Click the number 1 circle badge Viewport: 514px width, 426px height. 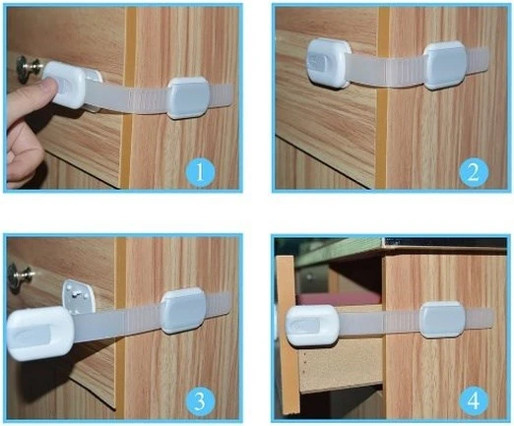200,172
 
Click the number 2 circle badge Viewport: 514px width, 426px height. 474,172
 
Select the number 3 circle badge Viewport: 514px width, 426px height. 200,401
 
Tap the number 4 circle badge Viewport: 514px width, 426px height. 474,401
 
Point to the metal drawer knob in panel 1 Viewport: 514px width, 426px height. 27,67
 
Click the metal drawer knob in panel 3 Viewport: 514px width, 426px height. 21,277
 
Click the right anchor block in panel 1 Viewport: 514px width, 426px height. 188,97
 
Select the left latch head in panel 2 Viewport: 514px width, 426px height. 329,63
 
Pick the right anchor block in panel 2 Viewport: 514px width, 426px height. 445,66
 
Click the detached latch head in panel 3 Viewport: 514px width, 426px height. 39,333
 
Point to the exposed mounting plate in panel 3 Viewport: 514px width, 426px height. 79,296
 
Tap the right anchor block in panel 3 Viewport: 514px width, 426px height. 183,311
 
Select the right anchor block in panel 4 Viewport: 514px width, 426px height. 443,320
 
